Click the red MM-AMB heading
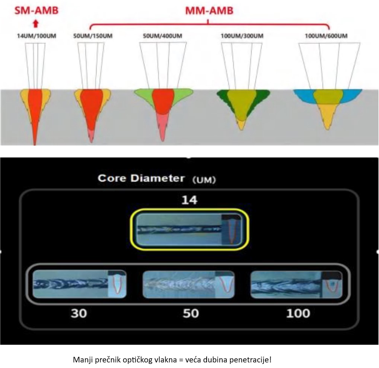tap(209, 10)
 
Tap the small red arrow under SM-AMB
tap(35, 24)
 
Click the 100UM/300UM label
tap(237, 36)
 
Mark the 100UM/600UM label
tap(326, 36)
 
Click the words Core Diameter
tap(141, 178)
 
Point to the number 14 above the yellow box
tap(189, 200)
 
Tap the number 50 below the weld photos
tap(191, 313)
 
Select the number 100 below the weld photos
tap(298, 313)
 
